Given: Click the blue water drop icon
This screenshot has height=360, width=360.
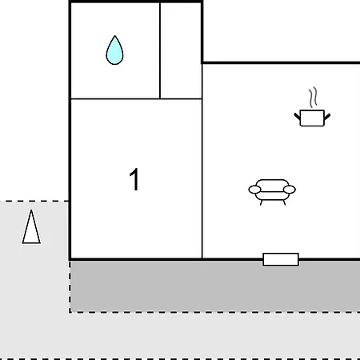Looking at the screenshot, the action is (x=114, y=52).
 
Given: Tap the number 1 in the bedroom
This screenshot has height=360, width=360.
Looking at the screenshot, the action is (x=134, y=179).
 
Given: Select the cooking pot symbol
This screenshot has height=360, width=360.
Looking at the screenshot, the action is (x=312, y=118).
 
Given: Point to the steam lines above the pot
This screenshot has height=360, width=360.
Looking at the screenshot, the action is (x=314, y=98).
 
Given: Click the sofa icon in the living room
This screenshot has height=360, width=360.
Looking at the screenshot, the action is (x=272, y=190).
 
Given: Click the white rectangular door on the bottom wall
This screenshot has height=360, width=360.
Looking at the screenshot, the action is (x=281, y=259).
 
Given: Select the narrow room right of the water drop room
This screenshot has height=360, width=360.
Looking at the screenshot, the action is (x=181, y=50).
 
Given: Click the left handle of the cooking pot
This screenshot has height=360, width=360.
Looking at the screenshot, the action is (x=297, y=117).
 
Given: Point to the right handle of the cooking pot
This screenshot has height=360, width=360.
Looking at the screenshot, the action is (x=327, y=117).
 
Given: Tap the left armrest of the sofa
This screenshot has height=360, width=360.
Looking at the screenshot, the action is (x=254, y=190).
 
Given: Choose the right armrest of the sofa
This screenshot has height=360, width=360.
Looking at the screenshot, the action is (x=290, y=190).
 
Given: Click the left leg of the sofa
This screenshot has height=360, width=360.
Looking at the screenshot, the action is (x=262, y=202).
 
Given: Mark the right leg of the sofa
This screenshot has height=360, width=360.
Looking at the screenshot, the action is (x=284, y=202).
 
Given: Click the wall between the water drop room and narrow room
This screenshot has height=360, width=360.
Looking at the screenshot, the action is (x=160, y=50).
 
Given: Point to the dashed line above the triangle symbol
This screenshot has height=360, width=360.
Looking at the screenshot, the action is (x=34, y=201).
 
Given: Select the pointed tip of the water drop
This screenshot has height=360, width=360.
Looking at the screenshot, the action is (x=115, y=36).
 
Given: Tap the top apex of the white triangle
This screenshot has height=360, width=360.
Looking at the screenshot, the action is (x=31, y=210).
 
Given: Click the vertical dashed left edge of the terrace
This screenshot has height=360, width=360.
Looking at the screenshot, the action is (x=70, y=286).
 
